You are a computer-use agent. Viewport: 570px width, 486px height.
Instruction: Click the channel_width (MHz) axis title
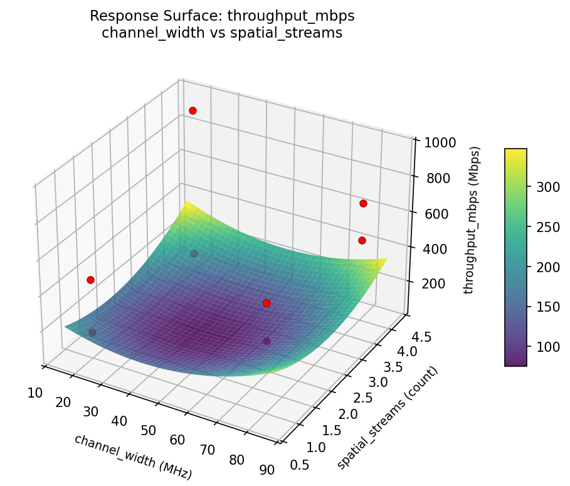133,457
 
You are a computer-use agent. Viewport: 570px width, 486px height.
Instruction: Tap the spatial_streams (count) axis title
388,417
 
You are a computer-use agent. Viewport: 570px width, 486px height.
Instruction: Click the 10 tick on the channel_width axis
35,393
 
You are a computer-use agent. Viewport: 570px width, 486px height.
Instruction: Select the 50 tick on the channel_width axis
148,430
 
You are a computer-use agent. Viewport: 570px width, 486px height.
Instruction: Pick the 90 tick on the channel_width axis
267,470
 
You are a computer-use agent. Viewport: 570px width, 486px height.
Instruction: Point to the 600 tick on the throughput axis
430,214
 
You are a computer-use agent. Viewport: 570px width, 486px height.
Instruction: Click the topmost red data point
193,110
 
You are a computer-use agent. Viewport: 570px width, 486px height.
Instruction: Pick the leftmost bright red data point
90,280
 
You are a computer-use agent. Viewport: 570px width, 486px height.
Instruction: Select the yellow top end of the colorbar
515,152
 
